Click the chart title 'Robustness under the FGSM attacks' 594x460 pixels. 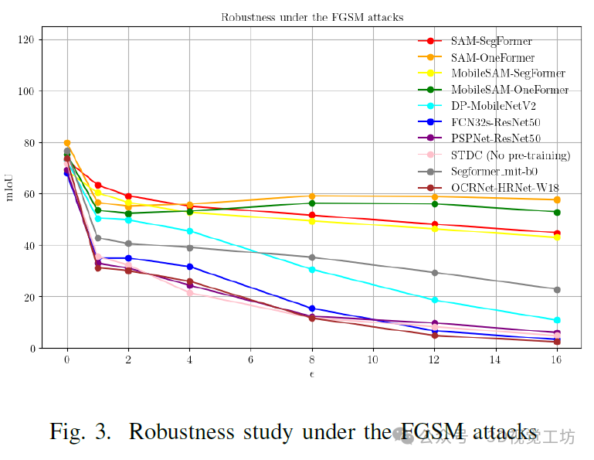[x=312, y=17]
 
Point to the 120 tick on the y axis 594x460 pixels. [x=35, y=39]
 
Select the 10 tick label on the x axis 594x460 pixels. [x=374, y=361]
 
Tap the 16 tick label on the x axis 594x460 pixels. [x=557, y=361]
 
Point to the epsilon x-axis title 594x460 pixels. [x=312, y=375]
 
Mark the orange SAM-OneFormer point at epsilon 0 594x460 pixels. [x=67, y=143]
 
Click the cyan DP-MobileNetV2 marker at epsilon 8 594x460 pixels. [x=312, y=270]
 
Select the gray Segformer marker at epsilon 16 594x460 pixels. [x=557, y=289]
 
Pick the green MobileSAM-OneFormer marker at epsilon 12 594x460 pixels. [x=435, y=204]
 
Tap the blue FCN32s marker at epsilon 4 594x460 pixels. [x=190, y=267]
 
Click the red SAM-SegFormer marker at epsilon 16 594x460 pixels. [x=557, y=233]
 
